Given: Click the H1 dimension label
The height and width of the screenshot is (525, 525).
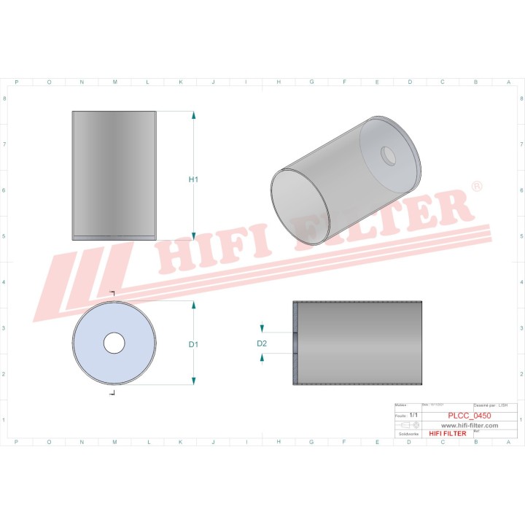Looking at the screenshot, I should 193,179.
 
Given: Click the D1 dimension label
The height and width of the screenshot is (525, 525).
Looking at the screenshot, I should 193,344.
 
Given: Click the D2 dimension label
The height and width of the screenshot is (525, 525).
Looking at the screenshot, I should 262,343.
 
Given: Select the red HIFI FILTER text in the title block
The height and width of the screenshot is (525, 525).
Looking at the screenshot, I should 447,433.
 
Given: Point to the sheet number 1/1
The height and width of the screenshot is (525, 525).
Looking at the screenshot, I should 414,415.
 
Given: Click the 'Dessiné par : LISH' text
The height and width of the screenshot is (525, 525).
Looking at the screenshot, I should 490,405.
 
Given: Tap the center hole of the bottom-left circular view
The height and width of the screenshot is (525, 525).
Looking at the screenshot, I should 114,343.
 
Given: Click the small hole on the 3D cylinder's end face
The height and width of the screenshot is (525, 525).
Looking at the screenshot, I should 387,155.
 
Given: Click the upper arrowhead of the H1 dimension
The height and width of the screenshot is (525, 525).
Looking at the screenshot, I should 193,116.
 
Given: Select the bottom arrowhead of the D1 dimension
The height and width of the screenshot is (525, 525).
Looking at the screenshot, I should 193,381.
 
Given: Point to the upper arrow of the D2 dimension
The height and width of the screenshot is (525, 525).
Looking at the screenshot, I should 262,329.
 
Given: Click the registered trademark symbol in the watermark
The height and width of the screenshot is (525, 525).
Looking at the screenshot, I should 476,187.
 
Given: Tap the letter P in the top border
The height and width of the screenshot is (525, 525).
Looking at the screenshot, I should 17,82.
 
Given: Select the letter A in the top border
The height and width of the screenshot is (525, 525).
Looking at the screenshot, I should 508,82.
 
